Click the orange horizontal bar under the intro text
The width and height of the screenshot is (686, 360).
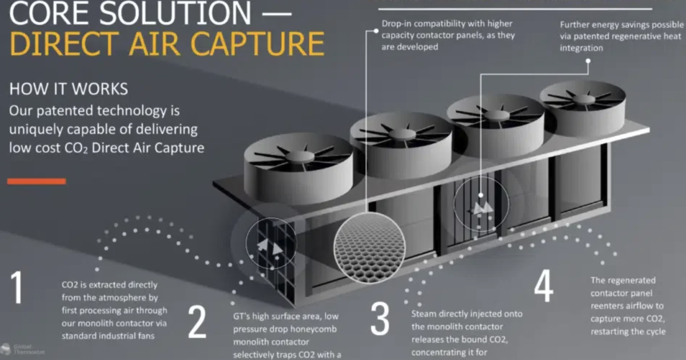tap(37, 181)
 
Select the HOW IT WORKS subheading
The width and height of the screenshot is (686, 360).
tap(69, 90)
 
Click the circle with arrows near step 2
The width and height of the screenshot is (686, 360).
tap(271, 245)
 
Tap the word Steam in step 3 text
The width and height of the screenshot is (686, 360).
tap(424, 314)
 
